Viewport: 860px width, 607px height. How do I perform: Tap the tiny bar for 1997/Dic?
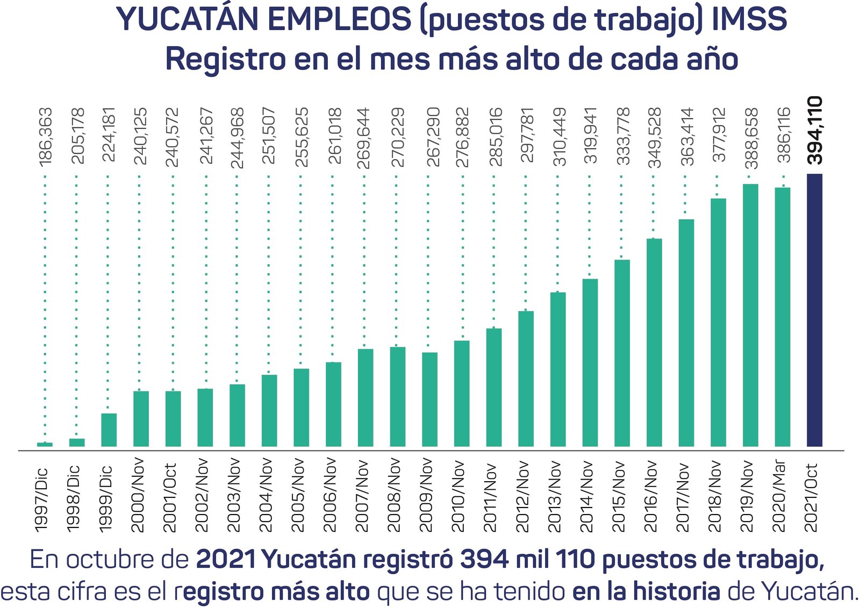click(45, 444)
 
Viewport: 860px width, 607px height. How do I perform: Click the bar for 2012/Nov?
click(526, 379)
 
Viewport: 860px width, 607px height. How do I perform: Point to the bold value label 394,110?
click(815, 130)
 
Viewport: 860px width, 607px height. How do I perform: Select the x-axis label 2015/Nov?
click(619, 496)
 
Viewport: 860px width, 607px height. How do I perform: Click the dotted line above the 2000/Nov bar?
click(139, 280)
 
